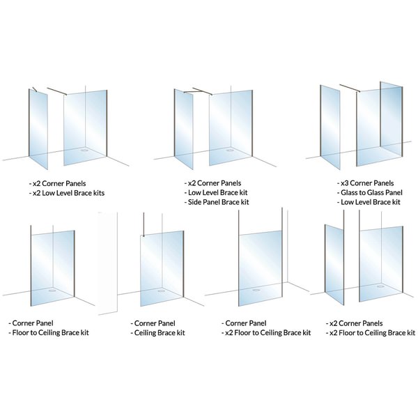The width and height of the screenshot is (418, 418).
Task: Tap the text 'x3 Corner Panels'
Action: [x=369, y=183]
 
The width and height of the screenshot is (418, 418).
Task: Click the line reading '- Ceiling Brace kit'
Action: [x=159, y=333]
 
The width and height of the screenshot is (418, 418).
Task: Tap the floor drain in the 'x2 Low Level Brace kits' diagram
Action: [x=86, y=148]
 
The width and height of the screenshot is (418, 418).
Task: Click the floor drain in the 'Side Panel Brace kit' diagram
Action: [x=231, y=148]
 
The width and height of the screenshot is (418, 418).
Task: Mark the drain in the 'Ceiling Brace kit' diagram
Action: [x=162, y=291]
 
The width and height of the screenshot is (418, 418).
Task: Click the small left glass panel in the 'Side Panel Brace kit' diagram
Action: [x=184, y=129]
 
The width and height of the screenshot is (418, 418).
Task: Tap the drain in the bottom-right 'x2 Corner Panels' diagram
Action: [x=380, y=285]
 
